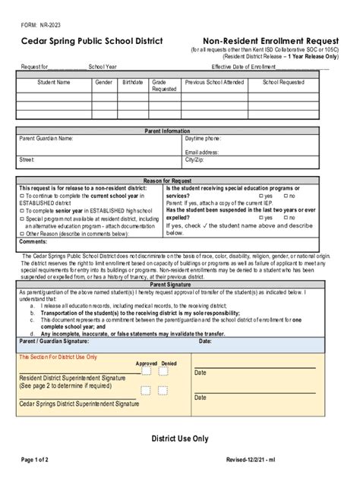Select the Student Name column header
tap(54, 82)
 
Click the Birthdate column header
tap(132, 82)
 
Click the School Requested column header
tap(283, 82)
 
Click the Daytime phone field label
tap(203, 139)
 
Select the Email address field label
tap(201, 153)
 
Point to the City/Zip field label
tap(194, 160)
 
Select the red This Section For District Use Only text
tap(58, 357)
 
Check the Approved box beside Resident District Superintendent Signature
tap(145, 371)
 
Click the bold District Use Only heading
tap(179, 439)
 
